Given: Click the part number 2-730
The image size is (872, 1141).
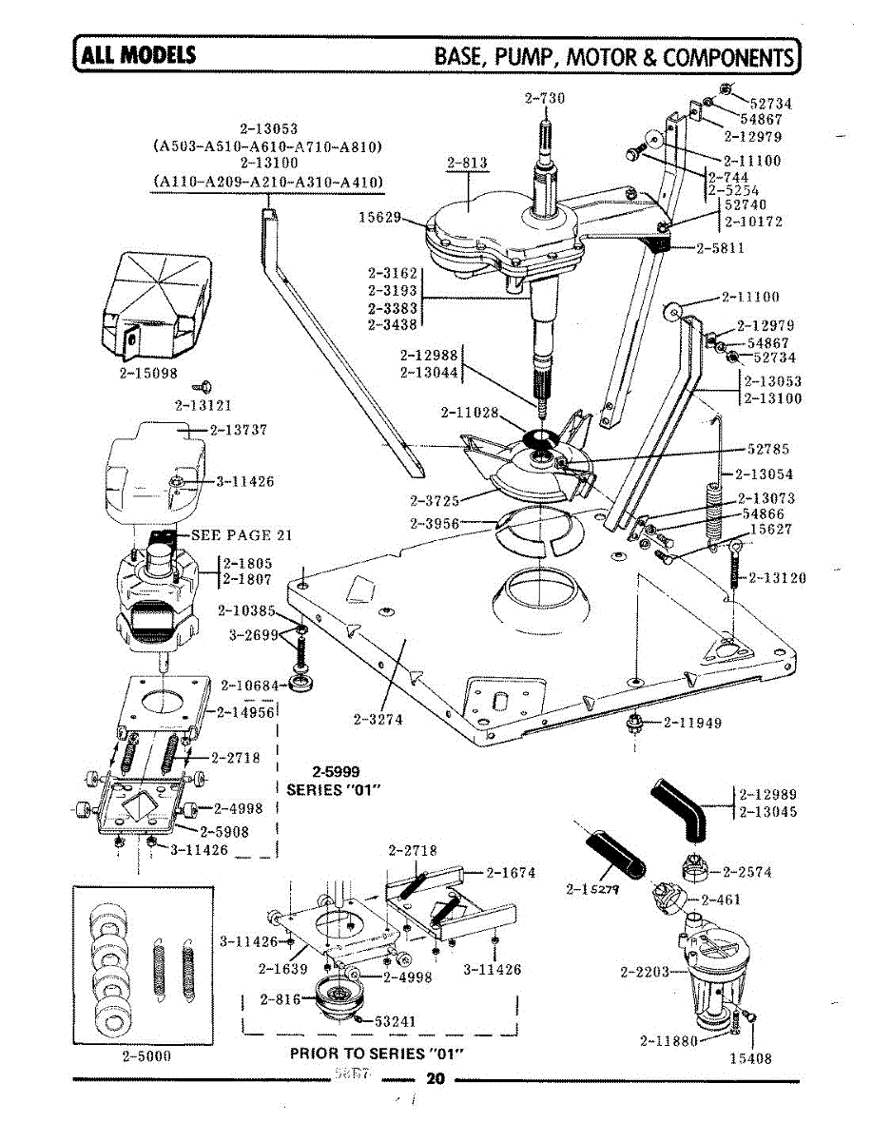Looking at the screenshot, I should [x=544, y=97].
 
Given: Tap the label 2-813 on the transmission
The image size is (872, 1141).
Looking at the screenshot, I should [x=467, y=164].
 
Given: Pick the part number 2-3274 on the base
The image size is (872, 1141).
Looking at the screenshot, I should [x=378, y=720].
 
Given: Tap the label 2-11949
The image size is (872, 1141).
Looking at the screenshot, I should [x=692, y=723].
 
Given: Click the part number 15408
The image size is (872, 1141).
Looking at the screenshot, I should [x=749, y=1058].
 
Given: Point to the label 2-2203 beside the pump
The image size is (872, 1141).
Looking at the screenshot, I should [x=644, y=972].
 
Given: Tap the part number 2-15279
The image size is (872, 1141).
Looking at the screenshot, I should [x=592, y=890].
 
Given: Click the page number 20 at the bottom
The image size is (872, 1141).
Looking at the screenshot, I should [x=436, y=1079].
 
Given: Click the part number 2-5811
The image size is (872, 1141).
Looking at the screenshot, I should [x=720, y=249].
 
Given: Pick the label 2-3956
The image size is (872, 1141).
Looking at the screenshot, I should [x=436, y=523].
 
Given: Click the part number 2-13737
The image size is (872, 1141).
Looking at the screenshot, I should [x=238, y=429].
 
